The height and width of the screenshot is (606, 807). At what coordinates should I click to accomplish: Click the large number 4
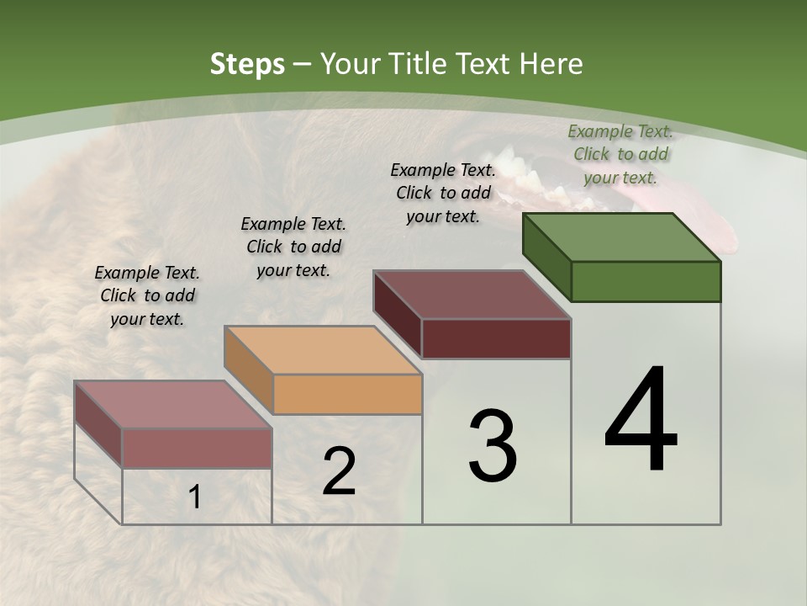pos(641,421)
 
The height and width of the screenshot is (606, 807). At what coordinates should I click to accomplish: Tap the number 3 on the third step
pos(492,446)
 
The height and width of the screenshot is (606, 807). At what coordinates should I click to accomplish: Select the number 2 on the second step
pos(339,471)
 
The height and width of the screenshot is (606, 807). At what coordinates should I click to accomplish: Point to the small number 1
pos(195,497)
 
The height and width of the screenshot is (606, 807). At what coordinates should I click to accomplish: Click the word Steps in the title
pos(247,64)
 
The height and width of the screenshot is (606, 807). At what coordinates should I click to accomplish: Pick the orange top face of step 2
pos(323,350)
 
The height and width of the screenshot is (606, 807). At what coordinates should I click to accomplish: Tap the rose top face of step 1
pos(173,405)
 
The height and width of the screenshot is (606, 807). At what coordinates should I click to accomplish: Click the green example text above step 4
pos(620,154)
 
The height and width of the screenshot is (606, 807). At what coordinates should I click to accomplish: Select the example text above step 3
pos(443,193)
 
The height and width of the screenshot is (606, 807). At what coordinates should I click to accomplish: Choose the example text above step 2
pos(293,247)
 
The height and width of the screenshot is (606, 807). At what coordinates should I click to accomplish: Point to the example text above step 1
pos(147,295)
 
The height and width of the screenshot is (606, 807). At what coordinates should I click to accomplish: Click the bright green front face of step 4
pos(646,281)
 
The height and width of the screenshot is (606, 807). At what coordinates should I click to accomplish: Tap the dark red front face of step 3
pos(496,338)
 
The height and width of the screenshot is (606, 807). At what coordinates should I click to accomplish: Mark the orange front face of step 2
pos(347,394)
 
